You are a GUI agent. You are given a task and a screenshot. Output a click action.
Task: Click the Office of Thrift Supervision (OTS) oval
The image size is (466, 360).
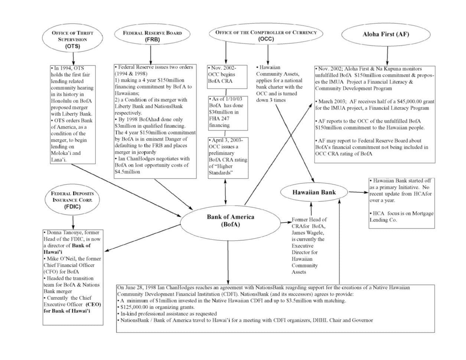coord(73,39)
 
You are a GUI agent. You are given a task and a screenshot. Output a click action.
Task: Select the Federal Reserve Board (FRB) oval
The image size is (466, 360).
coord(152,36)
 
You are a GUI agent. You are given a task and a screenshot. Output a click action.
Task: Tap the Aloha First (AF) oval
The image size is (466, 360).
coord(386,35)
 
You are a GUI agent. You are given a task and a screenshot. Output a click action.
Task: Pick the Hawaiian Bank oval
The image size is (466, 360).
coord(314,192)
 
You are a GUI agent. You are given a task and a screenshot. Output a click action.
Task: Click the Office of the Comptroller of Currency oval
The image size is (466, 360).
coord(266,35)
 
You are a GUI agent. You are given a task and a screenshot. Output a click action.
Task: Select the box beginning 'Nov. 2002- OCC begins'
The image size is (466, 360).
coord(227,76)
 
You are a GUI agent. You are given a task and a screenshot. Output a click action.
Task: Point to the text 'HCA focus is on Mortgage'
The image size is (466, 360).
coord(401,213)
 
